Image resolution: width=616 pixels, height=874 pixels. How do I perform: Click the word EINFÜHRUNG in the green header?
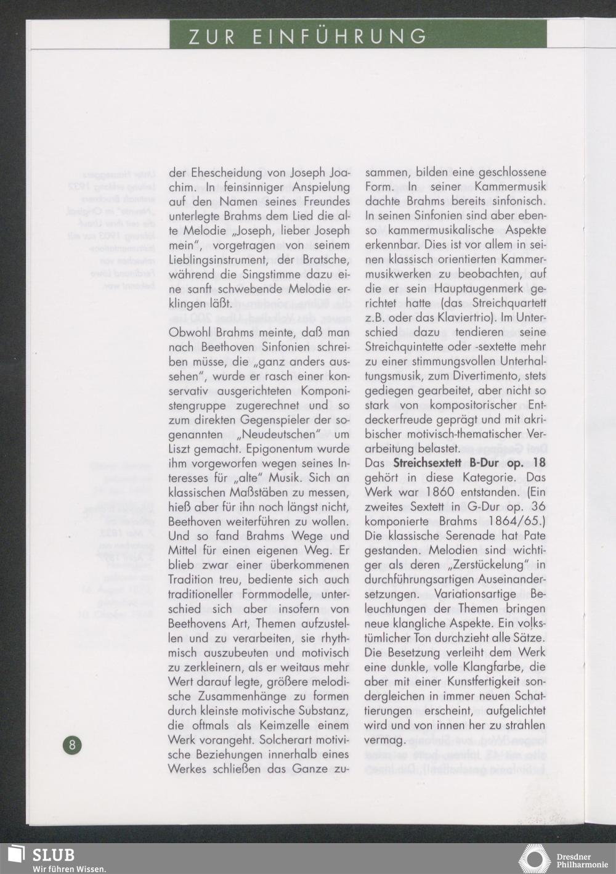[x=340, y=36]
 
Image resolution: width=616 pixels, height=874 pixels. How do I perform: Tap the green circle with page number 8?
[x=71, y=745]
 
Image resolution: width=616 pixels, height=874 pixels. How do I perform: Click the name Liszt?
[x=181, y=449]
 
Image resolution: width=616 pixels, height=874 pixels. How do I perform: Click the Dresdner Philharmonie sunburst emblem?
[x=534, y=859]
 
